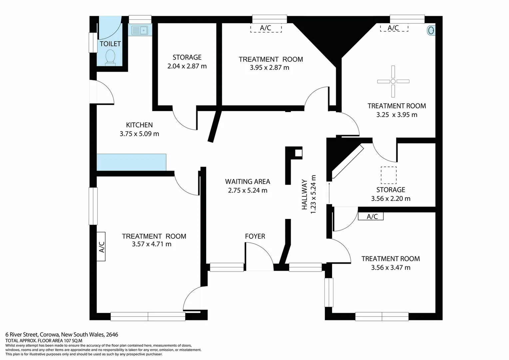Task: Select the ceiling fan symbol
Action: (x=393, y=81)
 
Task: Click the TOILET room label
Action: (x=110, y=44)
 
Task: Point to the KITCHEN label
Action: (x=139, y=125)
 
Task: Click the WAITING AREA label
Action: (x=248, y=182)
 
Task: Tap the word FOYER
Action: (x=255, y=236)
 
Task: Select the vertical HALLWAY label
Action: (x=304, y=195)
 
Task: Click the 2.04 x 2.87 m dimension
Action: (x=187, y=66)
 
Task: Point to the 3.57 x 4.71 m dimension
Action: (x=152, y=244)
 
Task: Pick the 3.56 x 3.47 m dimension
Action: (x=391, y=268)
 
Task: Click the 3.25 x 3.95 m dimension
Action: (x=397, y=115)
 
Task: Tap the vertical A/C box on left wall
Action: (x=101, y=247)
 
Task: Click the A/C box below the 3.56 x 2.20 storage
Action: (x=371, y=217)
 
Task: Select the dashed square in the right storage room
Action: (x=388, y=175)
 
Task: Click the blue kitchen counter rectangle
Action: (x=131, y=162)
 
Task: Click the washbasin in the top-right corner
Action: (x=431, y=31)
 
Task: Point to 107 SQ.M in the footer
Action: (x=73, y=341)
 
